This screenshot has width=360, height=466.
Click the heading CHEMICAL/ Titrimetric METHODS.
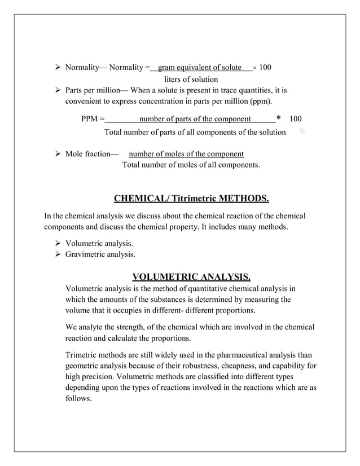click(x=191, y=199)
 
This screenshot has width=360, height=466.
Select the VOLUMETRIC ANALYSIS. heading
click(x=191, y=276)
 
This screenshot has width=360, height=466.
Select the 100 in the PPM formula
click(x=295, y=119)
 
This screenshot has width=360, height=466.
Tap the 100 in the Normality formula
click(x=265, y=68)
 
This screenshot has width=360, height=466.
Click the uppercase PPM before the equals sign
click(x=90, y=119)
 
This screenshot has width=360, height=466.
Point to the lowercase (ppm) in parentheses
click(x=259, y=102)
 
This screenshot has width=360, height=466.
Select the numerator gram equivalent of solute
click(x=200, y=68)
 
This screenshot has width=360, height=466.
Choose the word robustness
click(x=194, y=366)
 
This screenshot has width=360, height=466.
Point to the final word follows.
click(x=78, y=398)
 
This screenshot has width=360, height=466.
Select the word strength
click(x=129, y=327)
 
